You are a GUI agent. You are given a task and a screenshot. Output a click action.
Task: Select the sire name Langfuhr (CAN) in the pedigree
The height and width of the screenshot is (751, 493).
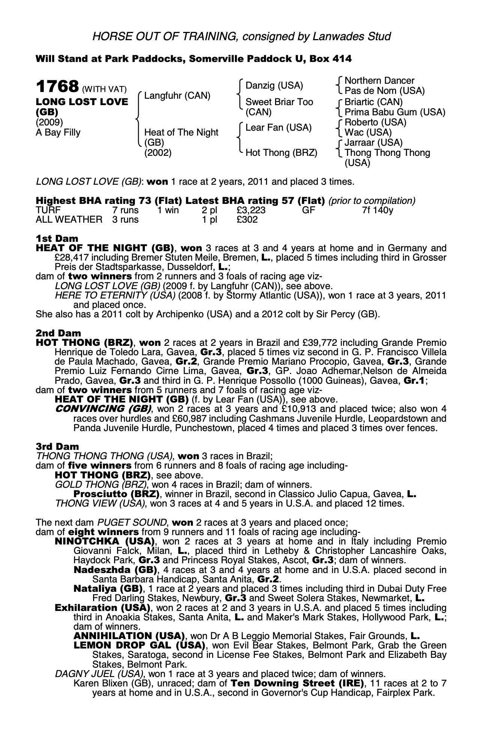(x=177, y=96)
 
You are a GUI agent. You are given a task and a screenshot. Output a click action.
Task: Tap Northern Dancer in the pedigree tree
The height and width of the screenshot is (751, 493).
(x=379, y=81)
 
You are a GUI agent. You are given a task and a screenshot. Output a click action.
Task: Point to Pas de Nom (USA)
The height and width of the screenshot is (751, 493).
(x=385, y=91)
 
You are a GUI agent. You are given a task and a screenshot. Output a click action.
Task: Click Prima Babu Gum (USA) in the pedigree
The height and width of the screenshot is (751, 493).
(x=395, y=112)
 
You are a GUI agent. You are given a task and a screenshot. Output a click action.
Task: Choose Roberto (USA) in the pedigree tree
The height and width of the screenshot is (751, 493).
(x=375, y=122)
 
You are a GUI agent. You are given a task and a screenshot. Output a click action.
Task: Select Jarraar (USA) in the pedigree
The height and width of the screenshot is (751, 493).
(x=373, y=143)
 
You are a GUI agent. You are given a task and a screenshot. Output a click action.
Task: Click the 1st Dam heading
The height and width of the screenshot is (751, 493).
(x=57, y=238)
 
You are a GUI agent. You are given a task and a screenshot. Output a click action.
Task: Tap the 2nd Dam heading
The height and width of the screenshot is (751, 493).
(x=58, y=333)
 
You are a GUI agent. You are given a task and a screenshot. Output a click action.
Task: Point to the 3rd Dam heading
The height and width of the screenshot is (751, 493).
(x=57, y=446)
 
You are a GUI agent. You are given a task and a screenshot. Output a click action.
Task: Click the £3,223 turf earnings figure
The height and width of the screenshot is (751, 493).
(x=251, y=210)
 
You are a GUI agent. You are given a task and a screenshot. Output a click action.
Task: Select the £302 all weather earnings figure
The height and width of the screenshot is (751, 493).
(x=247, y=220)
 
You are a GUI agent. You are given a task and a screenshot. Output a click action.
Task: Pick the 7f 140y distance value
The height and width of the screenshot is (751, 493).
(x=377, y=210)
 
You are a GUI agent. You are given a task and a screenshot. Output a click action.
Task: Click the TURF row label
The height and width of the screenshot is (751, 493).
(x=48, y=210)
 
